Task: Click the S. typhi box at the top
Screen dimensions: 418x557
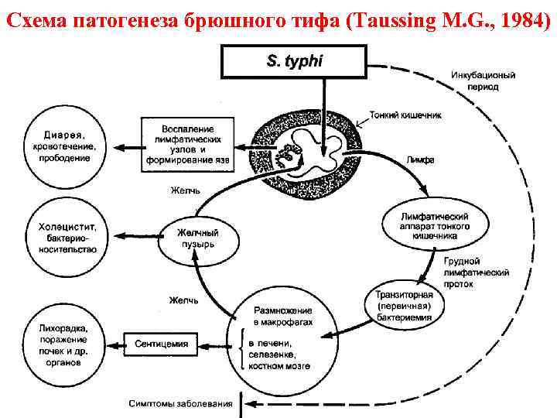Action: (x=294, y=61)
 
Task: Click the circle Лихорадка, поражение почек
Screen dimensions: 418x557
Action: (x=61, y=344)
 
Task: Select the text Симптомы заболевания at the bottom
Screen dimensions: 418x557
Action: (x=180, y=403)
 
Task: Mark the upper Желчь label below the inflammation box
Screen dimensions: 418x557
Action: (x=186, y=190)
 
